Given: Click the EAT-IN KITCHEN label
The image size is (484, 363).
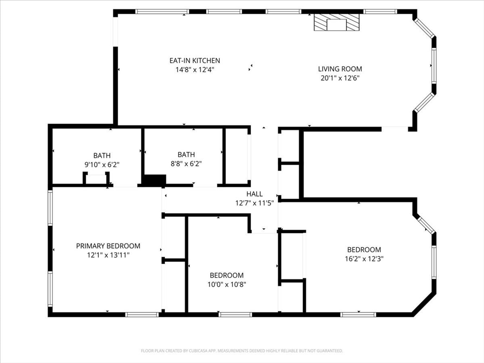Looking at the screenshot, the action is (195, 60).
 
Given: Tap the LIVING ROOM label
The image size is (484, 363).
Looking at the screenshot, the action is (340, 69).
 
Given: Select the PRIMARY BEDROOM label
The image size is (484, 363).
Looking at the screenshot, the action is (108, 246).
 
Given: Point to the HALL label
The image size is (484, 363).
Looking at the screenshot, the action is (255, 194).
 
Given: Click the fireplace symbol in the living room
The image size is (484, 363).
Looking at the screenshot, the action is (337, 23).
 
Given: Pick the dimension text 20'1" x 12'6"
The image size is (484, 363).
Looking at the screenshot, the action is (340, 78).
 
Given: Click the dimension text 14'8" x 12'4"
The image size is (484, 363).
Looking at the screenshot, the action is (195, 70).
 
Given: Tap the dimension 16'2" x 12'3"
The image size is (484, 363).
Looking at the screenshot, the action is (364, 259).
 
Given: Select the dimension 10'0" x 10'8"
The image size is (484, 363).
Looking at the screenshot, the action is (227, 284).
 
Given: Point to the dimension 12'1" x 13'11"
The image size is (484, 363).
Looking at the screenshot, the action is (108, 255).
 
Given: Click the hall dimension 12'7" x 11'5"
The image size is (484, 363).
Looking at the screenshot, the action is (255, 203).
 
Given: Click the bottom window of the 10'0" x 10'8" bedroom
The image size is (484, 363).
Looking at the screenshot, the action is (235, 314).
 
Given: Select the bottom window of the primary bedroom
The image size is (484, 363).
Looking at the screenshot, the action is (142, 314).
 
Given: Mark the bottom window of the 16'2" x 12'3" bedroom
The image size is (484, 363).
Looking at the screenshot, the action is (358, 314).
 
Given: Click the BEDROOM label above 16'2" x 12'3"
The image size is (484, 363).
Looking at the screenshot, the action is (364, 250).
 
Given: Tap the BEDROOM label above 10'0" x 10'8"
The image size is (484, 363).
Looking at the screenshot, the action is (227, 275).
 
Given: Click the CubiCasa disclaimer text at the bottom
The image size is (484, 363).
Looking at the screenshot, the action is (242, 351).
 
